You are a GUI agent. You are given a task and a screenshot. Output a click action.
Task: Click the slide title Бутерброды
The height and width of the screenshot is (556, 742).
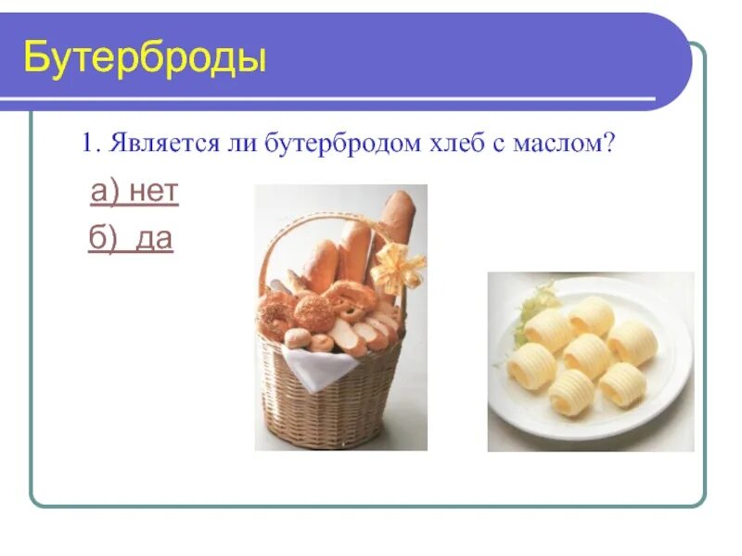tap(145, 57)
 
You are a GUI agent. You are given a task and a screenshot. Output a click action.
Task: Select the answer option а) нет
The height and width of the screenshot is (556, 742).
tap(134, 193)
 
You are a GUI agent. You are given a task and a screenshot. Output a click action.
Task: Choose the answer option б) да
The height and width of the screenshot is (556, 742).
tap(131, 240)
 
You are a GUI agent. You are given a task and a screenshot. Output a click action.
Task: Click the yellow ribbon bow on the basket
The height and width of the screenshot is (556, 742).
tap(396, 268)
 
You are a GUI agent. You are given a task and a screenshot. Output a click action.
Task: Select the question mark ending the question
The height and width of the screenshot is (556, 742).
tap(610, 144)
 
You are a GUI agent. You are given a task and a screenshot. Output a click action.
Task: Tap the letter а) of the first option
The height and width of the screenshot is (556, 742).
tap(101, 193)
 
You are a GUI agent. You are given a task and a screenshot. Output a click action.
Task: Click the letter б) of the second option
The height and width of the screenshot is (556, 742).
tap(100, 240)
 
